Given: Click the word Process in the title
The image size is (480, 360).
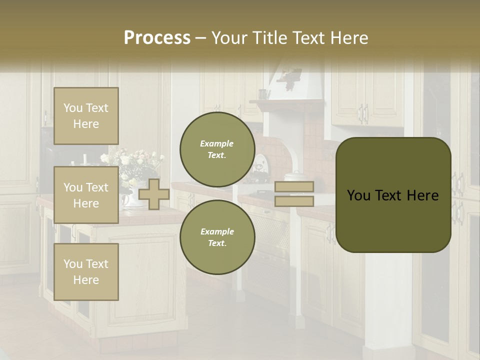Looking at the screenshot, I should [x=157, y=38].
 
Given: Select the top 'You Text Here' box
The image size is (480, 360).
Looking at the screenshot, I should [x=86, y=116].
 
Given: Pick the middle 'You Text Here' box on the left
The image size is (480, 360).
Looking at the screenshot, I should [x=86, y=195].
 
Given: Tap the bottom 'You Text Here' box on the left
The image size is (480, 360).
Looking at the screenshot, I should [x=86, y=271].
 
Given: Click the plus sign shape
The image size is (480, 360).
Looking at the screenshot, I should [x=154, y=194].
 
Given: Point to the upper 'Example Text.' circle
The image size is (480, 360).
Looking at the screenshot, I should [x=217, y=149].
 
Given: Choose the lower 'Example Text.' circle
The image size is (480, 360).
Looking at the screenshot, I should [x=217, y=237].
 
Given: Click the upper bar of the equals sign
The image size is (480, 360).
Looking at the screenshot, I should [x=294, y=187].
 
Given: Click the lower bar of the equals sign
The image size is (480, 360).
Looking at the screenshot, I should [x=294, y=201].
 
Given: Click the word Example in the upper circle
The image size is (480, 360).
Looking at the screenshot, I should [x=216, y=143].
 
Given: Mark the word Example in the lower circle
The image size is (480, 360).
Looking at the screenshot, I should [x=216, y=231].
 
